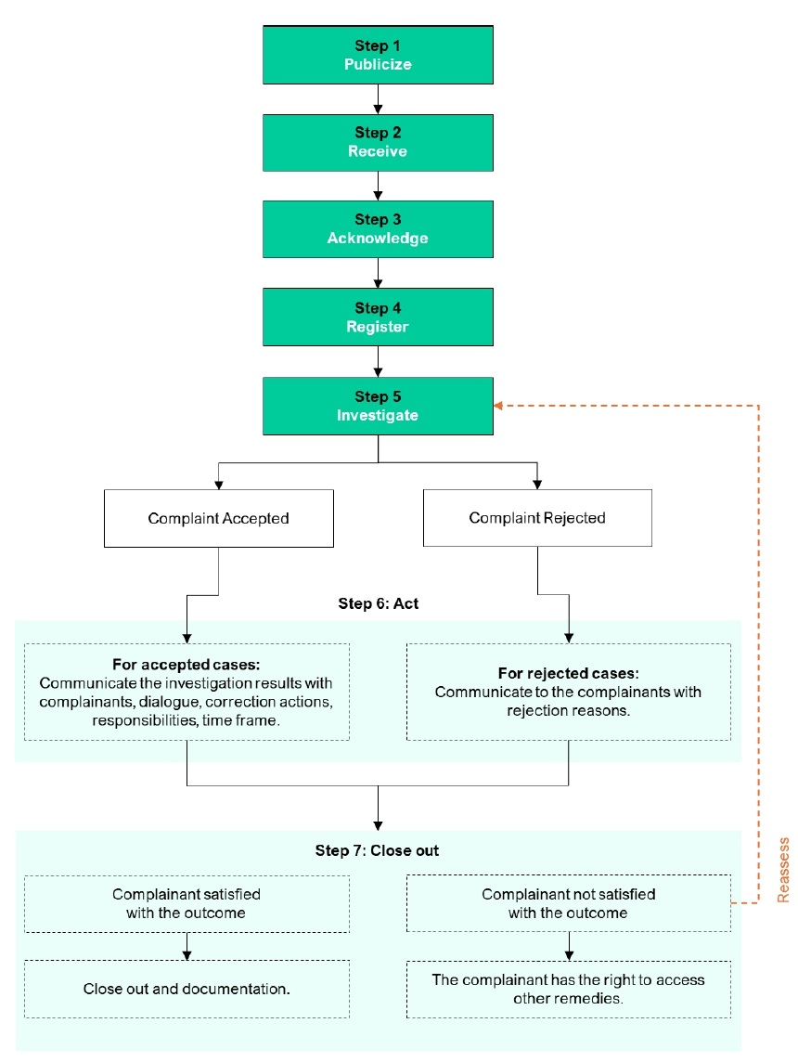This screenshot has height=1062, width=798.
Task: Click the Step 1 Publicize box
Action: click(378, 55)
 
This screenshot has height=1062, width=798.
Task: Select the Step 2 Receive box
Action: click(378, 142)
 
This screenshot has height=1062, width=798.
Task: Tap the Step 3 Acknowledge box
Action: click(378, 229)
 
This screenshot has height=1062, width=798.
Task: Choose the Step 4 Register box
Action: click(378, 317)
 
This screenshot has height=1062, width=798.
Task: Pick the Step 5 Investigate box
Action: click(378, 406)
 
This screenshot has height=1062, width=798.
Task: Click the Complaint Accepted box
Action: click(219, 518)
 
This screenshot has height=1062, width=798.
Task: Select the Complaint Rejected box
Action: click(537, 518)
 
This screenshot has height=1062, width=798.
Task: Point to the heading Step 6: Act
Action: click(379, 603)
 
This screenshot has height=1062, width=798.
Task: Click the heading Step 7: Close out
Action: click(377, 850)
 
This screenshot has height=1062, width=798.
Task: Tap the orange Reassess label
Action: click(783, 871)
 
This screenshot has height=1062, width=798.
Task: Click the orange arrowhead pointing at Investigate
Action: click(498, 406)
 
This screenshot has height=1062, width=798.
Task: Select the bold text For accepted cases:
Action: click(187, 665)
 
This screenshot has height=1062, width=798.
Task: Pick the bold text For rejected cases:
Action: click(569, 673)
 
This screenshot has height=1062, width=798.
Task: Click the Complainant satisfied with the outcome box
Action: click(187, 903)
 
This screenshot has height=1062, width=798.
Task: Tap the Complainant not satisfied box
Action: click(569, 903)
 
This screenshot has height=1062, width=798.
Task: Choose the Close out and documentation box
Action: click(187, 989)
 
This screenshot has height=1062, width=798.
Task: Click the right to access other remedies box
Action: click(569, 989)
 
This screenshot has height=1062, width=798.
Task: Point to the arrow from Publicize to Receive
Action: click(378, 99)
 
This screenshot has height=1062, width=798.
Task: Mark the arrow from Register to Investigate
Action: click(378, 361)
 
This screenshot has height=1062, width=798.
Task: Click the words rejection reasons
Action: click(569, 710)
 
